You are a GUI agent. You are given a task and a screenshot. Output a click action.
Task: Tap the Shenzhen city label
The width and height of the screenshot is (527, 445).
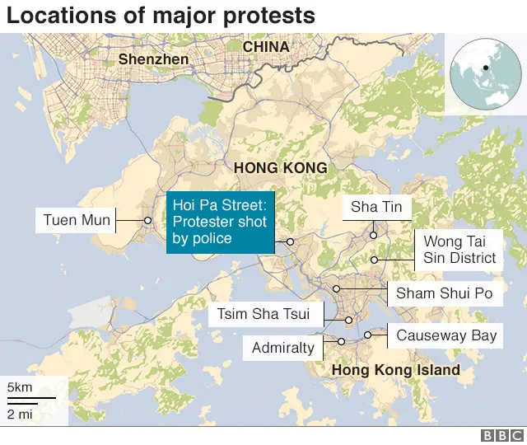tap(153, 59)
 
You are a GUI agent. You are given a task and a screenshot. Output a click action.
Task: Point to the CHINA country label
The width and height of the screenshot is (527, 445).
tap(265, 47)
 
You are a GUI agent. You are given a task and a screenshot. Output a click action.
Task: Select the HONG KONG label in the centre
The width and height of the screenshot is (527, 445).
tap(280, 168)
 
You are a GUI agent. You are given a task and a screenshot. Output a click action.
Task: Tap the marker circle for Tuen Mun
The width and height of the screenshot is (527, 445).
tap(147, 220)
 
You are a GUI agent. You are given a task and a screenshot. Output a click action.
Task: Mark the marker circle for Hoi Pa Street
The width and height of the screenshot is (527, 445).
tap(290, 241)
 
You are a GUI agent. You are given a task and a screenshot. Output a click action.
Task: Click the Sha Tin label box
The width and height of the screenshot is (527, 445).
tap(376, 207)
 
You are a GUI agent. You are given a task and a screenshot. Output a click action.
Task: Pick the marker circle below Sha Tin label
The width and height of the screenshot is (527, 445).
tap(373, 235)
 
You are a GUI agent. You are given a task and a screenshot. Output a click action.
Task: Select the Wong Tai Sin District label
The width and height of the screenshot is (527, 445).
tap(459, 250)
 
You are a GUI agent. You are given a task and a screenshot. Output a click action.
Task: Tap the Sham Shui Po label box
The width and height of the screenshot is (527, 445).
tap(444, 293)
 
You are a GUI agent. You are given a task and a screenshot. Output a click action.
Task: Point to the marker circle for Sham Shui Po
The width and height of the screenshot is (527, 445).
tap(337, 288)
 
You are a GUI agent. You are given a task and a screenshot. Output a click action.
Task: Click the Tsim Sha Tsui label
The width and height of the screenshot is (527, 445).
tap(263, 314)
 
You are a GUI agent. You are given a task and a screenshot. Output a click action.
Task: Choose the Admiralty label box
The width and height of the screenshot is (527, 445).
tap(283, 348)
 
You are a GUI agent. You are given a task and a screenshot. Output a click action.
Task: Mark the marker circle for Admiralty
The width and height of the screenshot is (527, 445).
tap(341, 341)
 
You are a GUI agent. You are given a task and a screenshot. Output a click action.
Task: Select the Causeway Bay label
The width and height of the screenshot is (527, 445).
tap(446, 335)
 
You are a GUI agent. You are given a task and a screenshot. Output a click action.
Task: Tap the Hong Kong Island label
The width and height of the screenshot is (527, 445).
tap(395, 370)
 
